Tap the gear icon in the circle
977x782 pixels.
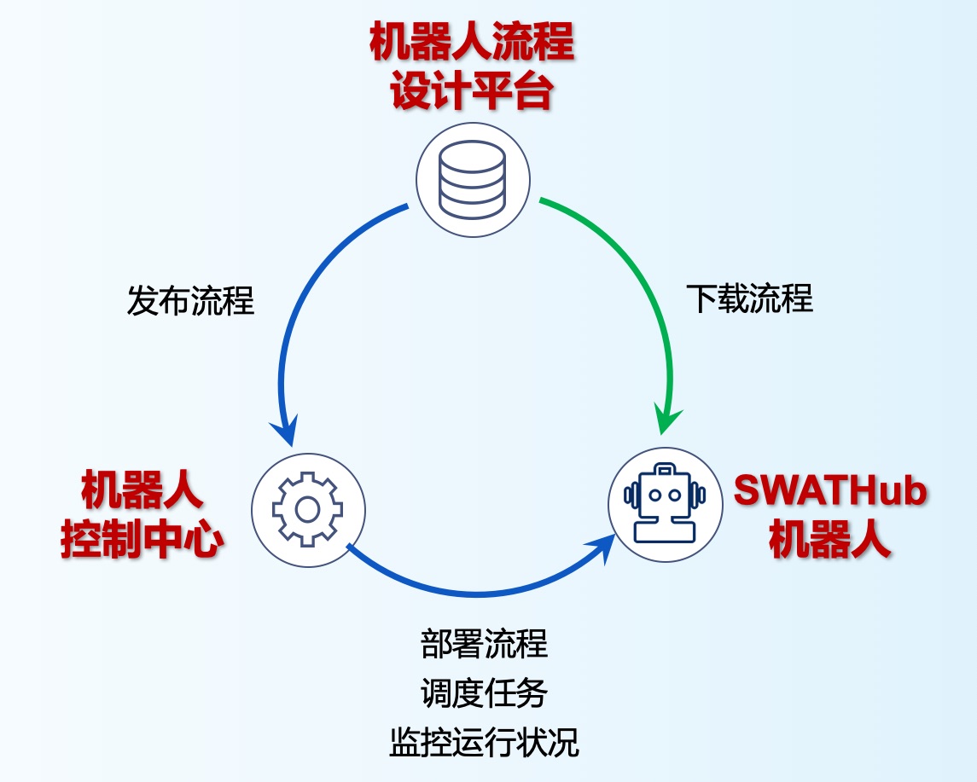coord(307,509)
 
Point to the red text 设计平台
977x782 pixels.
coord(472,92)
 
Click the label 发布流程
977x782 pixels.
coord(190,301)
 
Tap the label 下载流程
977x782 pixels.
coord(749,298)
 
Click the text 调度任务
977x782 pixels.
coord(484,692)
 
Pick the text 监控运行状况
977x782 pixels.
coord(484,742)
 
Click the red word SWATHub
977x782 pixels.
coord(830,492)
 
